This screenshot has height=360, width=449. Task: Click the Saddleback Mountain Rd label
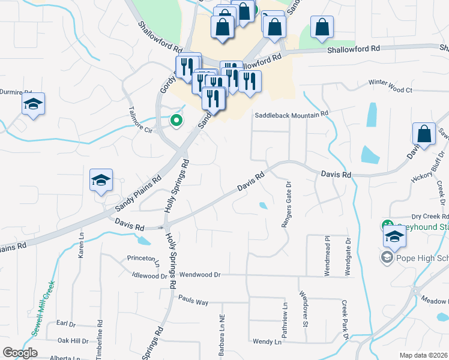click(292, 113)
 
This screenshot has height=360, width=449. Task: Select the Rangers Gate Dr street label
click(287, 205)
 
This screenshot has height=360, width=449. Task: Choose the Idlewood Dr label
click(149, 276)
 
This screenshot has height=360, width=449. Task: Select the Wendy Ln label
click(267, 342)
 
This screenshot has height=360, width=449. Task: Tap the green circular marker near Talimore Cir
click(176, 121)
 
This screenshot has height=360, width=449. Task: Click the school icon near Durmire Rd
click(34, 104)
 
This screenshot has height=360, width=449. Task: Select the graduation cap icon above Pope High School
click(394, 236)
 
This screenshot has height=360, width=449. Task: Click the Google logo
click(20, 353)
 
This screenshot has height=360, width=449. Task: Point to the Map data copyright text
click(424, 355)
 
